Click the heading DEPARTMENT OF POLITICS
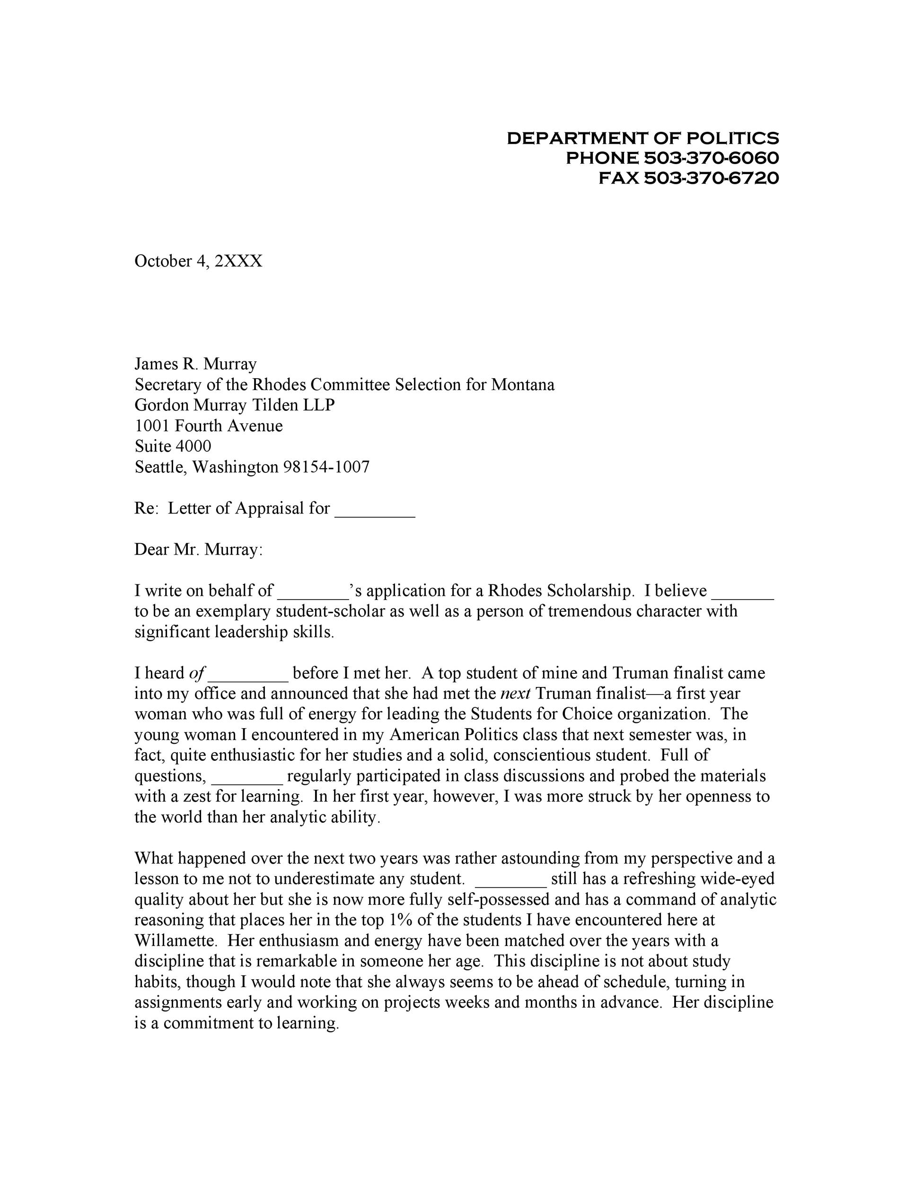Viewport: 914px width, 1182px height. pyautogui.click(x=643, y=138)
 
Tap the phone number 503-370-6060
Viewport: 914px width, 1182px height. pyautogui.click(x=711, y=158)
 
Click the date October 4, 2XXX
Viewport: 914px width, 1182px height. pyautogui.click(x=198, y=261)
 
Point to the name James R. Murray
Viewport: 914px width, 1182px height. pyautogui.click(x=195, y=364)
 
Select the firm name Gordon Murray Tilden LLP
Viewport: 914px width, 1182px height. pyautogui.click(x=235, y=405)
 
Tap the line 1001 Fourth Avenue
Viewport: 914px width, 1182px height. pyautogui.click(x=209, y=426)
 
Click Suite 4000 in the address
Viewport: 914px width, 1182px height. pyautogui.click(x=173, y=446)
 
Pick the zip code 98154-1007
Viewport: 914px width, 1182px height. pyautogui.click(x=326, y=467)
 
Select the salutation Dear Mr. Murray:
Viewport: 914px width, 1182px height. pyautogui.click(x=198, y=549)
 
